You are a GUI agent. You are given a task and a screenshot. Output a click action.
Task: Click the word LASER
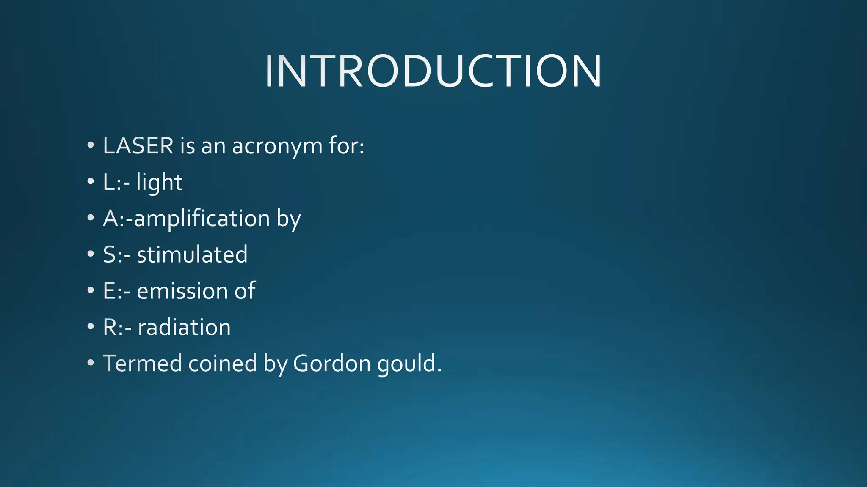tap(138, 146)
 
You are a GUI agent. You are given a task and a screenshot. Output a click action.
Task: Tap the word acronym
tap(277, 147)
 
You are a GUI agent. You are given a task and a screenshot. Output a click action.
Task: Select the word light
tap(159, 183)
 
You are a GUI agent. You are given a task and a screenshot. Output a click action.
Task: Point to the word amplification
tap(202, 219)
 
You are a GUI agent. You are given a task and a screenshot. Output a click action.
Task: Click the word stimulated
tap(192, 254)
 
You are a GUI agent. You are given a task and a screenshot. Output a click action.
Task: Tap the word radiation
tap(184, 327)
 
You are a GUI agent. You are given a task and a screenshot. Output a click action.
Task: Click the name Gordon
tap(331, 363)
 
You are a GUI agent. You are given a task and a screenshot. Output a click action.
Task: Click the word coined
tap(222, 363)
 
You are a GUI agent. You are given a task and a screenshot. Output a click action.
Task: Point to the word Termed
tap(142, 363)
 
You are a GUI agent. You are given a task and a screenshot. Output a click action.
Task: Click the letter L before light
tap(109, 183)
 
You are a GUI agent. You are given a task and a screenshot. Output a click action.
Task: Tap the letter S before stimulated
tap(109, 254)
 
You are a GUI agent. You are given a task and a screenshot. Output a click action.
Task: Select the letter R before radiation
tap(110, 327)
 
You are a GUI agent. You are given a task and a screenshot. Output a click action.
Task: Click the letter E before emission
tap(109, 291)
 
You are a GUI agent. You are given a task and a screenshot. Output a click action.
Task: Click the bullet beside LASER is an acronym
tap(90, 146)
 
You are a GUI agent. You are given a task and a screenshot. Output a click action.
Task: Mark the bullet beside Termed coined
tap(90, 363)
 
